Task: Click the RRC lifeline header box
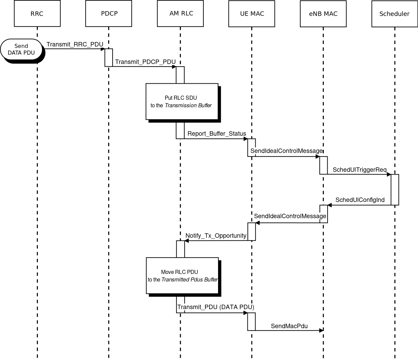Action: point(37,14)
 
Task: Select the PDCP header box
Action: point(109,14)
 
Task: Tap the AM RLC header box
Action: point(180,14)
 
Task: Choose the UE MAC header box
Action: point(251,14)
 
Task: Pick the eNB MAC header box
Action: point(323,14)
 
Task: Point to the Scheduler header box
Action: point(394,14)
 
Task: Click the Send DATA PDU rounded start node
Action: point(21,50)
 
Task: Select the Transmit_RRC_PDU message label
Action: point(75,44)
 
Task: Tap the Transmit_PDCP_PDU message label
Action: point(145,62)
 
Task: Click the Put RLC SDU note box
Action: point(182,101)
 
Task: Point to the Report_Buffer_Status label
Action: point(217,134)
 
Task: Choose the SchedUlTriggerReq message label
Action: point(360,170)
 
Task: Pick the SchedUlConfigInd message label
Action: point(360,200)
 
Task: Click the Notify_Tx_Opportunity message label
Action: point(216,236)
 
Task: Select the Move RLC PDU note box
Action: point(182,276)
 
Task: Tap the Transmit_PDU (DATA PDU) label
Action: point(216,307)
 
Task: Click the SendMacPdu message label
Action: point(289,326)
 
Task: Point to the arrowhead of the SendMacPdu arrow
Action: point(321,330)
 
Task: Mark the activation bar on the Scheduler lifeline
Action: point(395,190)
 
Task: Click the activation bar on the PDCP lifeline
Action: point(109,57)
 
